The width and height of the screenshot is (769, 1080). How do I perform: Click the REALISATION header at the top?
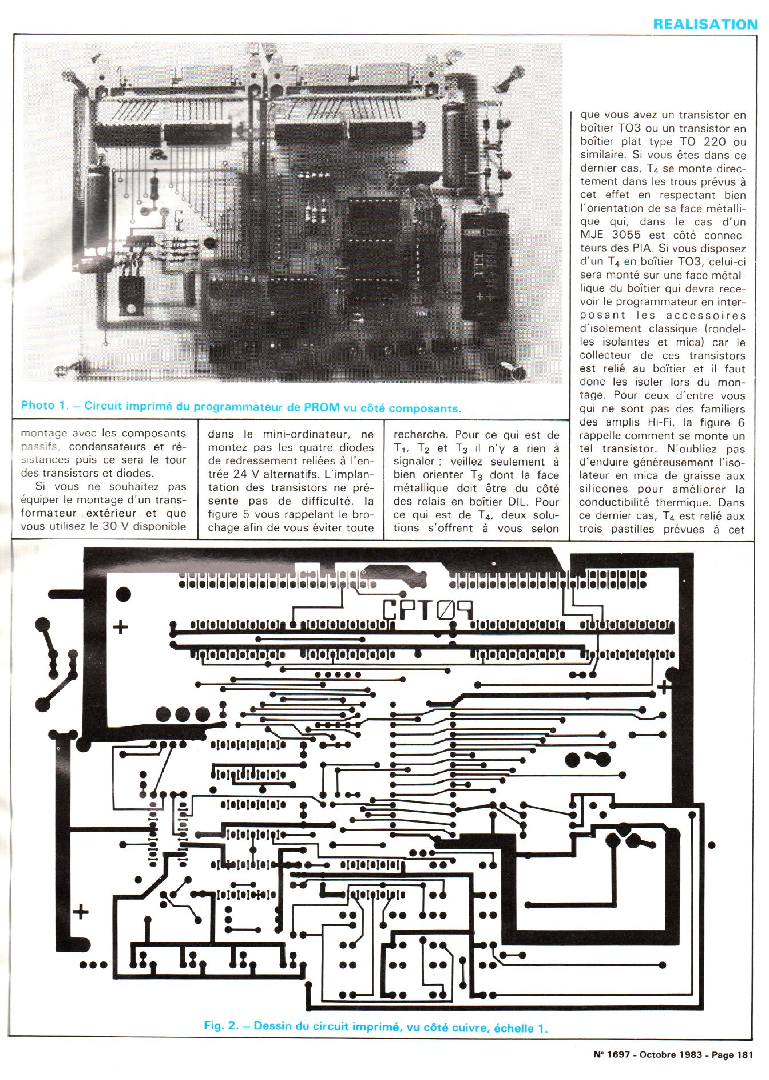[x=705, y=24]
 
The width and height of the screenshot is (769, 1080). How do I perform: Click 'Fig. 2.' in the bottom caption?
[x=221, y=1026]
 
